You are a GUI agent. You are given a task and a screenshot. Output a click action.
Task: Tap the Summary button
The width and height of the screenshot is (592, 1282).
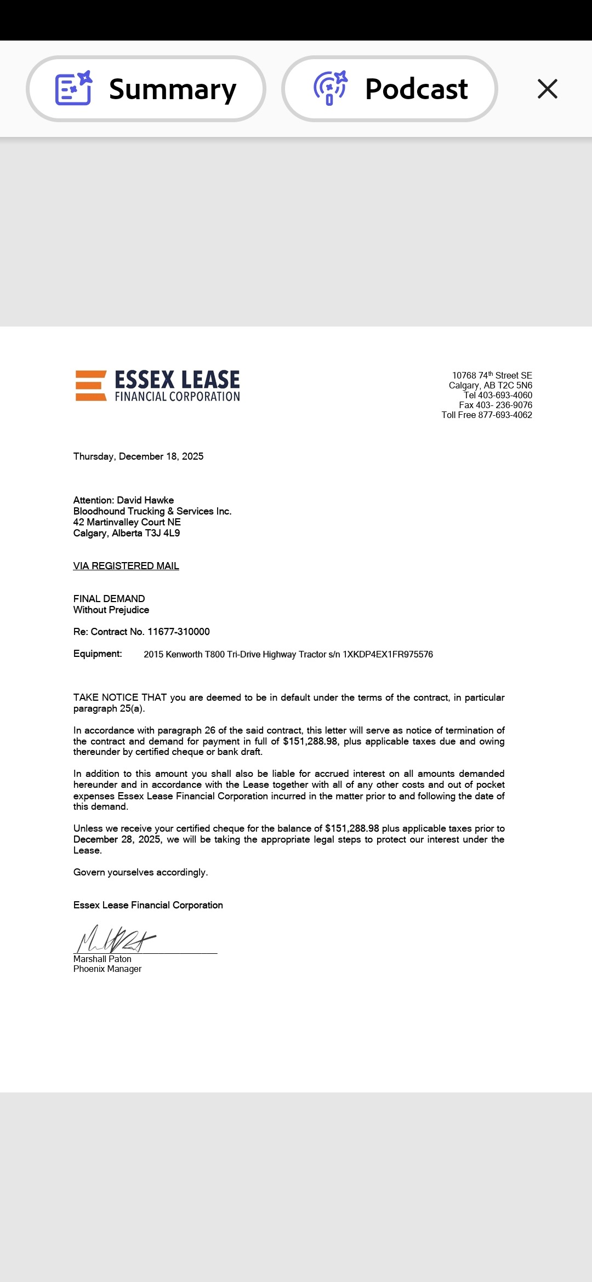coord(146,89)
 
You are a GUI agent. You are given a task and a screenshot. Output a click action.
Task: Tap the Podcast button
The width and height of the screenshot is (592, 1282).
coord(390,89)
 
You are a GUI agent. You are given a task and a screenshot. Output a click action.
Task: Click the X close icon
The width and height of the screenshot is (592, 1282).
coord(547,89)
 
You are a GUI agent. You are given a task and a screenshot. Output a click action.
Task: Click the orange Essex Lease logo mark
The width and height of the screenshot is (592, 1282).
coord(90,386)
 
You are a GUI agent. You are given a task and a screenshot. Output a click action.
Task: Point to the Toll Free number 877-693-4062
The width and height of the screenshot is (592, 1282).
coord(505,415)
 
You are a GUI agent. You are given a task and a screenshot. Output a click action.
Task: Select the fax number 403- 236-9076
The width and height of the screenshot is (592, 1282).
coord(504,405)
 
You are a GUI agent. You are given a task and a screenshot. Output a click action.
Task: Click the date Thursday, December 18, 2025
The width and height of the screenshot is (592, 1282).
coord(138,456)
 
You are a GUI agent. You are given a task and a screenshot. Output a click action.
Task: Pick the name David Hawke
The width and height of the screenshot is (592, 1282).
coord(145,500)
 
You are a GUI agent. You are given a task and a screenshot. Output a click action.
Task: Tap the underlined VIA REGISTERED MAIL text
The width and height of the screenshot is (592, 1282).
coord(126,566)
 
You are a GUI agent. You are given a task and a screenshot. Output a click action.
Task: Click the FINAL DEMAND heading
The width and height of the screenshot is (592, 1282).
coord(109,599)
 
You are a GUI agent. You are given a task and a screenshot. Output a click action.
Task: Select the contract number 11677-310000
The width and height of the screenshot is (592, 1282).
coord(179,632)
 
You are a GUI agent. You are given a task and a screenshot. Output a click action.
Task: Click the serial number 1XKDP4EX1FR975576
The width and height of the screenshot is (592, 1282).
coord(388,654)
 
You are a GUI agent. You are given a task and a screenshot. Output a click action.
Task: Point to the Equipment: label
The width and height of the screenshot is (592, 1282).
coord(98,654)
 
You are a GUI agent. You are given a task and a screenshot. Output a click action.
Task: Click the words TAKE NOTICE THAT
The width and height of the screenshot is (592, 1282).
coord(120,697)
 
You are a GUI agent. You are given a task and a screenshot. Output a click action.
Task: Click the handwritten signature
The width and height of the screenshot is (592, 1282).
coord(115,940)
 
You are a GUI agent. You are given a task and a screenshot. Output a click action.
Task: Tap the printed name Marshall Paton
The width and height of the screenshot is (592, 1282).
coord(103,959)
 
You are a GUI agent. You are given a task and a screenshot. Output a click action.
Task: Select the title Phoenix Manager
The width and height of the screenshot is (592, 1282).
coord(107,969)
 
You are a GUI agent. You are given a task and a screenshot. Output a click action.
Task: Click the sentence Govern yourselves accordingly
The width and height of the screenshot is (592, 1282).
coord(140,872)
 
